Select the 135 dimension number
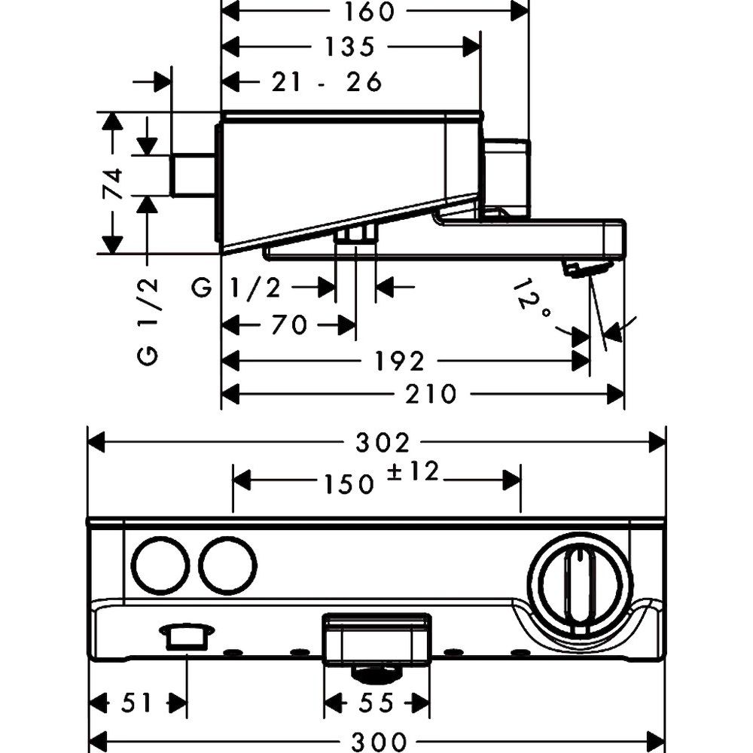(350, 47)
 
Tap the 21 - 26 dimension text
(326, 81)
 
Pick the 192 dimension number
(400, 361)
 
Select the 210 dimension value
(430, 393)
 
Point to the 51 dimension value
(137, 703)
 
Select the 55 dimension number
(377, 703)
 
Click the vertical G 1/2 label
(149, 321)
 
